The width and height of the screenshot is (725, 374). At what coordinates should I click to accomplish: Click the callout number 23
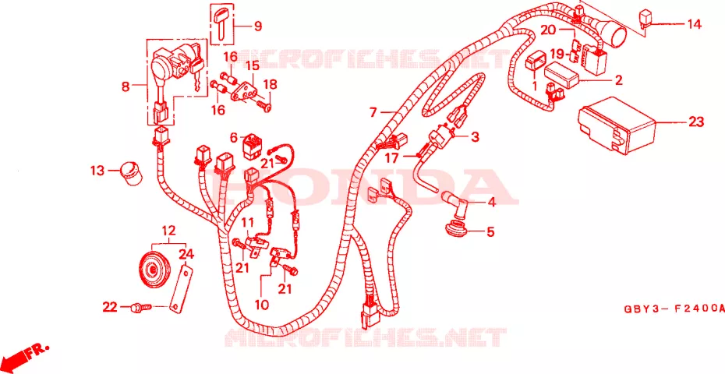(695, 122)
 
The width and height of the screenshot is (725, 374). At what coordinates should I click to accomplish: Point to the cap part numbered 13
(131, 173)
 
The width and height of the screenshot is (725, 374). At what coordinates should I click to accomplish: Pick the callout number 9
(257, 26)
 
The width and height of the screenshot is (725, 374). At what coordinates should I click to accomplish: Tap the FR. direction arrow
(27, 355)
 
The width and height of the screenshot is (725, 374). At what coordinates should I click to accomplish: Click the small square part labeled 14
(646, 19)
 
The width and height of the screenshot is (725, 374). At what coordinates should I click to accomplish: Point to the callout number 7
(373, 112)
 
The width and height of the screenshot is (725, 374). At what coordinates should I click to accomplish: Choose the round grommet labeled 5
(451, 229)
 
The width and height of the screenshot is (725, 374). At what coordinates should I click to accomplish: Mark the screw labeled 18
(265, 106)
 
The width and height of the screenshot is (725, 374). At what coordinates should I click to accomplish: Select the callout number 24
(187, 254)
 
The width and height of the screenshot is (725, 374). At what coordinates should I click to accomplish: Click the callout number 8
(126, 86)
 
